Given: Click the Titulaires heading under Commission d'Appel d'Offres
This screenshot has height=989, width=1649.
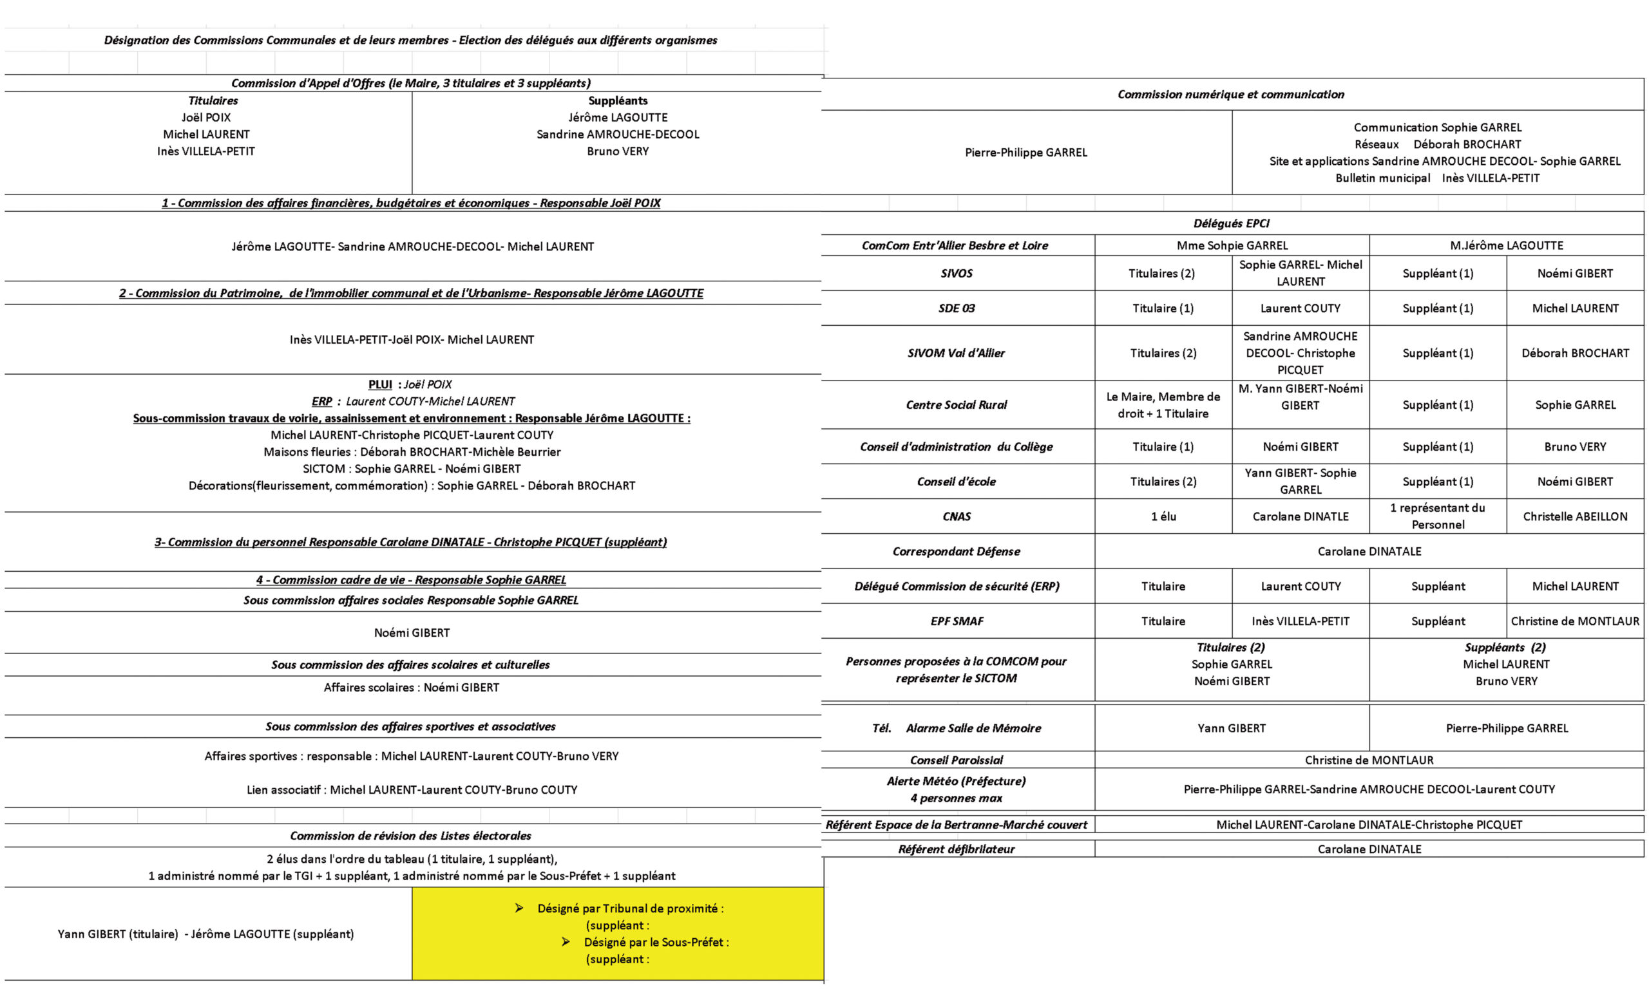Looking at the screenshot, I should pos(213,100).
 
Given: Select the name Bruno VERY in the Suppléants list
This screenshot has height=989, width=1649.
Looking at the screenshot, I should pos(617,151).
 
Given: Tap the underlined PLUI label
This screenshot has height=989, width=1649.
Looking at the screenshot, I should pos(380,384).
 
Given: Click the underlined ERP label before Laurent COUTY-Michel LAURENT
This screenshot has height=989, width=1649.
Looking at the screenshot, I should pos(321,401).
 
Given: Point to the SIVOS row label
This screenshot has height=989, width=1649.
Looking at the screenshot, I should pos(956,273).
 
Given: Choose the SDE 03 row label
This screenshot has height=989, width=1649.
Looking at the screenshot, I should pos(956,308).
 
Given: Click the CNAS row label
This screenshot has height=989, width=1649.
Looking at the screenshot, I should pos(956,516).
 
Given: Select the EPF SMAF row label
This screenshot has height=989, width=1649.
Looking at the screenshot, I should pos(957,621).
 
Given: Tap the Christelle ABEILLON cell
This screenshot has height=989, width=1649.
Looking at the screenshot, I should pos(1574,516).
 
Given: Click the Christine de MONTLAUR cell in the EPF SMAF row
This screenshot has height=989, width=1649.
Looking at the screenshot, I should pos(1574,621).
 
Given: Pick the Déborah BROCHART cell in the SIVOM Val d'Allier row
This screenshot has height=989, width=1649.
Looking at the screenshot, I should pos(1574,353).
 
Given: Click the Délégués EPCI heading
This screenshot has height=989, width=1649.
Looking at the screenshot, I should pos(1231,223).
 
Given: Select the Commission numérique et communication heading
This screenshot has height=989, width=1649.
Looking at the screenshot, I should pos(1230,95).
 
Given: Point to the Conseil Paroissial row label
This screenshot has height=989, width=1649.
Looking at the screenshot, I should pos(956,760).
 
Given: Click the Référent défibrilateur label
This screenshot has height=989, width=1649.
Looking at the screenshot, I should pos(956,849).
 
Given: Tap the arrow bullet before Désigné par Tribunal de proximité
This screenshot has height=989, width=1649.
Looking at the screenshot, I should pos(519,908).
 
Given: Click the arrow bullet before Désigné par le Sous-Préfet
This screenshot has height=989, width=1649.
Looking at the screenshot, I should pos(566,942).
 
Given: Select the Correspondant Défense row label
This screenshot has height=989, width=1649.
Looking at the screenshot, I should pos(956,551).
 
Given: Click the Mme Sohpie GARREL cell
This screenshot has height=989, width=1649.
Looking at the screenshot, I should pos(1232,245).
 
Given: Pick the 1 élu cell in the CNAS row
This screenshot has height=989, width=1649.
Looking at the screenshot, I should pos(1163,516).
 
